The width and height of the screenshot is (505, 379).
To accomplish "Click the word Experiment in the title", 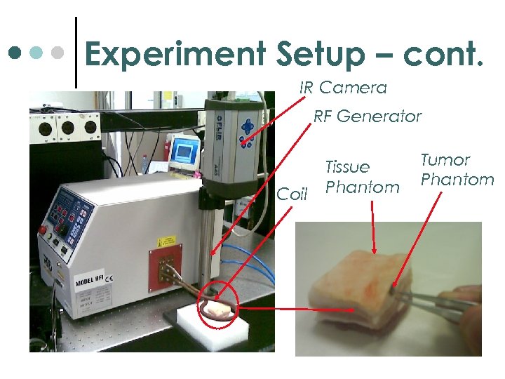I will (x=175, y=55).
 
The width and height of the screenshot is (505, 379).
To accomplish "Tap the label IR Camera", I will (x=343, y=88).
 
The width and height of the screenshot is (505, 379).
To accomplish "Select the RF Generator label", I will (x=367, y=117).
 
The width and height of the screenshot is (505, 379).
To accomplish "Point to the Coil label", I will (x=292, y=194).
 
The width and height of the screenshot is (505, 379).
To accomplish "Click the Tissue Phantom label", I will (x=362, y=177).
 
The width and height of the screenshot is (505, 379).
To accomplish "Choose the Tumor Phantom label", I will (x=457, y=169).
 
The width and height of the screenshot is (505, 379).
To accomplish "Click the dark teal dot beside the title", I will (x=14, y=53).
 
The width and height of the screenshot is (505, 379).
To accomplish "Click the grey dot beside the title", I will (x=60, y=53).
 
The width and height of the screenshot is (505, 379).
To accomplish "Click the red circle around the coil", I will (x=218, y=307).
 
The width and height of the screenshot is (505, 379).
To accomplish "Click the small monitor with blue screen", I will (x=184, y=150).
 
